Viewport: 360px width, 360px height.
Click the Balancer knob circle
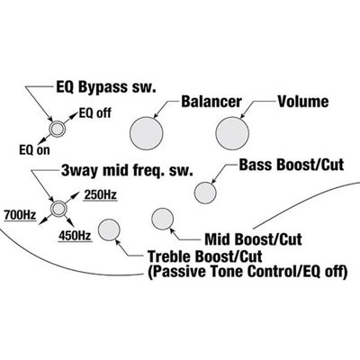[x=147, y=133]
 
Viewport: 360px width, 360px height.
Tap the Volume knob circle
[x=232, y=133]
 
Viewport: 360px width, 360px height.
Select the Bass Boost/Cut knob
[x=205, y=193]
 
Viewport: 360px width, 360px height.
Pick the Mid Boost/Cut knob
[x=163, y=219]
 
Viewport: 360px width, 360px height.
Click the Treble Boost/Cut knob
[x=109, y=230]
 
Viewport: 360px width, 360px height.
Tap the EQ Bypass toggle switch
[x=57, y=129]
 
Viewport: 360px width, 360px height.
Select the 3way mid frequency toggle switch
[x=58, y=208]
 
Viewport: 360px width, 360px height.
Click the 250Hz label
[x=100, y=195]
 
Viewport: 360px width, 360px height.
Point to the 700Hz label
[x=20, y=215]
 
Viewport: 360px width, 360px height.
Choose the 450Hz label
[x=75, y=236]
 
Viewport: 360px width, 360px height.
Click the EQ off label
[x=95, y=113]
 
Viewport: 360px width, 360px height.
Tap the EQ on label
[x=34, y=150]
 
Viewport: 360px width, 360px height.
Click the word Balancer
[x=211, y=102]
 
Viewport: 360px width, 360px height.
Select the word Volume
[x=303, y=102]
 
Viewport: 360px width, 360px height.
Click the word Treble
[x=170, y=256]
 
